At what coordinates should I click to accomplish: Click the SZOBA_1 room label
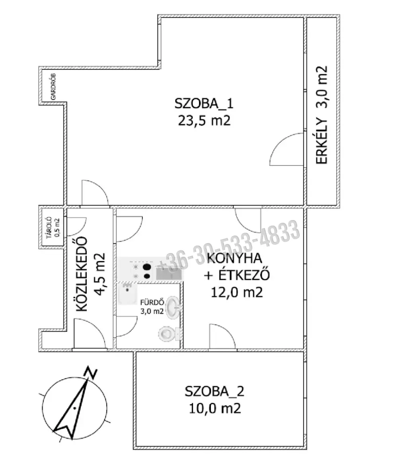coord(204,104)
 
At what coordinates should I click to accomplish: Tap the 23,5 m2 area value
coord(204,120)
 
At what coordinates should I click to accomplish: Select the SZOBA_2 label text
coord(215,391)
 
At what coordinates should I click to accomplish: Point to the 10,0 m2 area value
coord(215,408)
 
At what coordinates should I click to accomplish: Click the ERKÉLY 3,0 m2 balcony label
coord(322,115)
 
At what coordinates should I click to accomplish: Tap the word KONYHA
coord(234,258)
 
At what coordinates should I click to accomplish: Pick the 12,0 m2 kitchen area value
coord(237,292)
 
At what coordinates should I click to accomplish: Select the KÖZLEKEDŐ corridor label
coord(82,274)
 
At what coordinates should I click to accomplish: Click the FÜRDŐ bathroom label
coord(152,302)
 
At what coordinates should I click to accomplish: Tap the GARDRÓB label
coord(53,86)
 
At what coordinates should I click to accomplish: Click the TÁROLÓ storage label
coord(49,227)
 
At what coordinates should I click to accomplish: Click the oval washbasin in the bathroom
coord(173,307)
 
